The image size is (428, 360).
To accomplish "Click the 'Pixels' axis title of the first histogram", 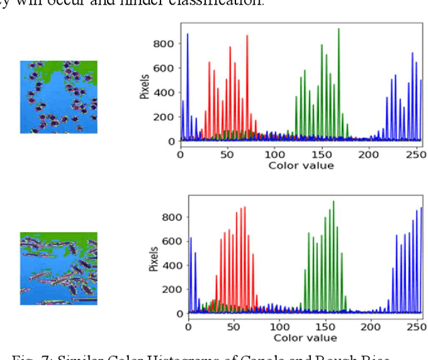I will pyautogui.click(x=144, y=86).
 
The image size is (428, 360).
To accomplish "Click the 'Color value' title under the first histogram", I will pyautogui.click(x=299, y=165).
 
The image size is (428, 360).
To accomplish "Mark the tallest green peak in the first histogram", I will pyautogui.click(x=338, y=30).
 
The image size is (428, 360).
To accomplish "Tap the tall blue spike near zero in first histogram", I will pyautogui.click(x=187, y=35).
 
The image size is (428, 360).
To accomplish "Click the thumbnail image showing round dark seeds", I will pyautogui.click(x=58, y=97).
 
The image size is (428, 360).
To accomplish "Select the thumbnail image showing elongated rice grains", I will pyautogui.click(x=58, y=268).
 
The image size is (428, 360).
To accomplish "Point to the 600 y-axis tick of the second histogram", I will pyautogui.click(x=174, y=241).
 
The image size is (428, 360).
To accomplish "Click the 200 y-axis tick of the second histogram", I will pyautogui.click(x=174, y=289).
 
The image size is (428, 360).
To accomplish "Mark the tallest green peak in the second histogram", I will pyautogui.click(x=333, y=202).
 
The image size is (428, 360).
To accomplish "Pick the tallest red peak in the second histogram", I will pyautogui.click(x=244, y=208).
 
